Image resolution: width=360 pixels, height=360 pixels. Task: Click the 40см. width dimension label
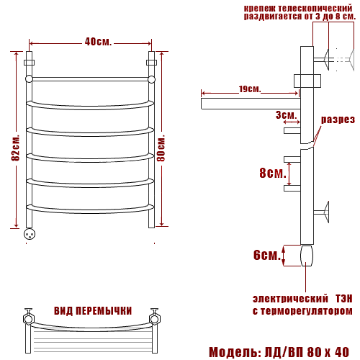point(98,42)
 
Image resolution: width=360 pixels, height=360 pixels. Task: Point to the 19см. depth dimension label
point(250,89)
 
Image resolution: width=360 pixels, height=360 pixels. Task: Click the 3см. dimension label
point(286,115)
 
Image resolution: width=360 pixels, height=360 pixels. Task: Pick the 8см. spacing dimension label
point(273,173)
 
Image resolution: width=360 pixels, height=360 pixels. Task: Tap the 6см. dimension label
point(267,255)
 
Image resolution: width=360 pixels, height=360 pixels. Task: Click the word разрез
point(338,120)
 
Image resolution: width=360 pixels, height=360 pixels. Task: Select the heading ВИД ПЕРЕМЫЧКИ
point(93,311)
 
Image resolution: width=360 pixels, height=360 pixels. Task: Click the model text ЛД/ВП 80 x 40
point(307,352)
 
